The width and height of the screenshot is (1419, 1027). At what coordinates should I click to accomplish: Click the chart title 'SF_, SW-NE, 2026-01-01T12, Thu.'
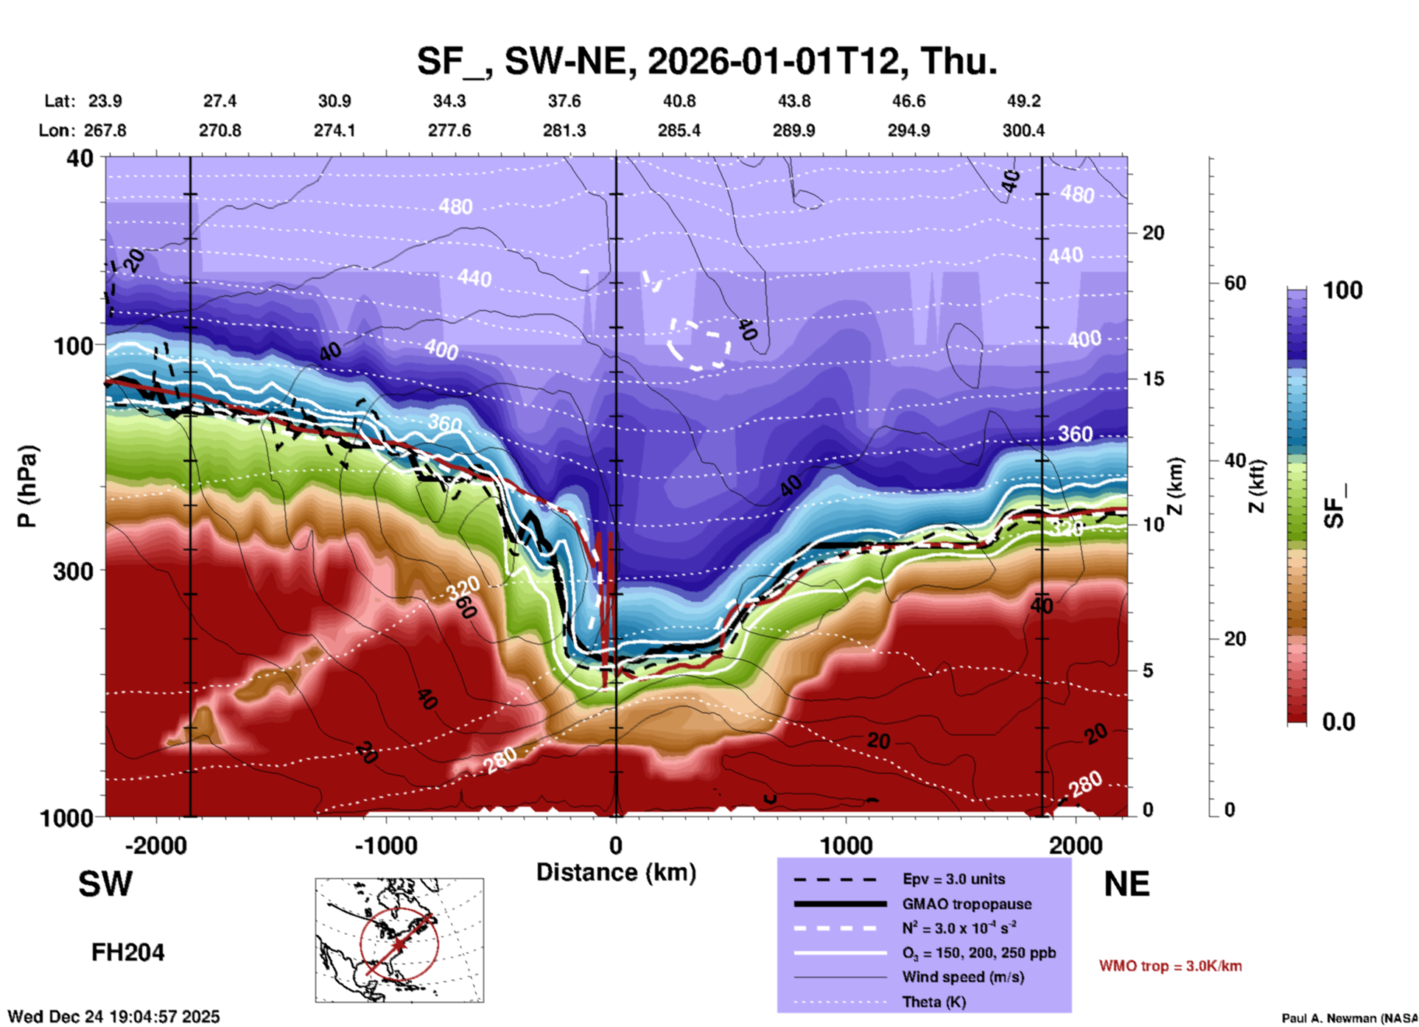click(707, 61)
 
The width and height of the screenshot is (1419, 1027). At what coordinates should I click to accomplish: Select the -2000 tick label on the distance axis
click(155, 846)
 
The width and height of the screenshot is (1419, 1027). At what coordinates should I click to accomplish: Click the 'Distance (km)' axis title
click(616, 872)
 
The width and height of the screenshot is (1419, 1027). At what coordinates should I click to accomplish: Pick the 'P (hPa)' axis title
click(27, 486)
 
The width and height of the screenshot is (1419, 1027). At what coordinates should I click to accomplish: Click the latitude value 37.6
click(564, 101)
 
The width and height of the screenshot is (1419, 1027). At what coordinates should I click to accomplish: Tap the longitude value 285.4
click(679, 131)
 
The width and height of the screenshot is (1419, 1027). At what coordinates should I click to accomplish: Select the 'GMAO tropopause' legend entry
click(967, 904)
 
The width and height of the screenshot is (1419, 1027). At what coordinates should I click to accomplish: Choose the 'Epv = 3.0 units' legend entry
click(953, 879)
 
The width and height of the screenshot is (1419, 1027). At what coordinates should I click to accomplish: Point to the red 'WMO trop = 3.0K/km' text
click(1170, 966)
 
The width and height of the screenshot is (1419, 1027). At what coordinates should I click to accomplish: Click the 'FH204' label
click(127, 953)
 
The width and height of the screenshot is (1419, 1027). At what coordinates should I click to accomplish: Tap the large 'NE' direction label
click(1127, 884)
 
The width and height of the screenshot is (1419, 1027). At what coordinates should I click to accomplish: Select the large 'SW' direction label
click(105, 884)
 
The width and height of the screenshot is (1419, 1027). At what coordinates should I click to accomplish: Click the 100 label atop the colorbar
click(1342, 290)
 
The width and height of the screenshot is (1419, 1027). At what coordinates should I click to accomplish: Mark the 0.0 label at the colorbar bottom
click(1338, 722)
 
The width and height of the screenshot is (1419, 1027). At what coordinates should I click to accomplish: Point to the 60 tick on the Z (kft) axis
click(1235, 283)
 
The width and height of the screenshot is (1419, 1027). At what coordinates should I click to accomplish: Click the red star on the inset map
click(399, 944)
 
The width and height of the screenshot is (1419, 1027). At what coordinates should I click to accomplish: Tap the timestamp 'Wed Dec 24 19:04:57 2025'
click(113, 1017)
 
